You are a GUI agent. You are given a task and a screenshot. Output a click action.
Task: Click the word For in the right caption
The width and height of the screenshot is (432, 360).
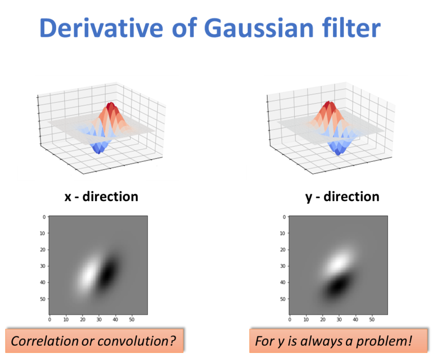pos(264,341)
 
